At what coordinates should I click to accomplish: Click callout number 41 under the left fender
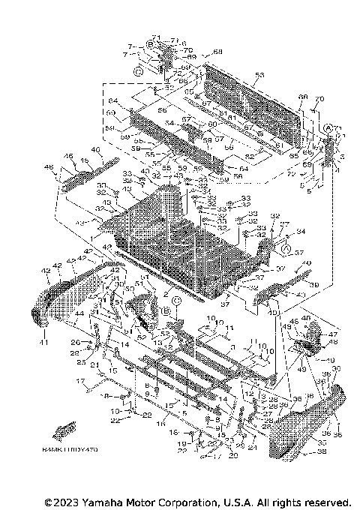tap(43, 343)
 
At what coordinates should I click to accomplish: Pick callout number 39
tap(315, 286)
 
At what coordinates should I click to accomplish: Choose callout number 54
tap(170, 122)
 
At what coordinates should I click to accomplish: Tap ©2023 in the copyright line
tap(59, 501)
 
